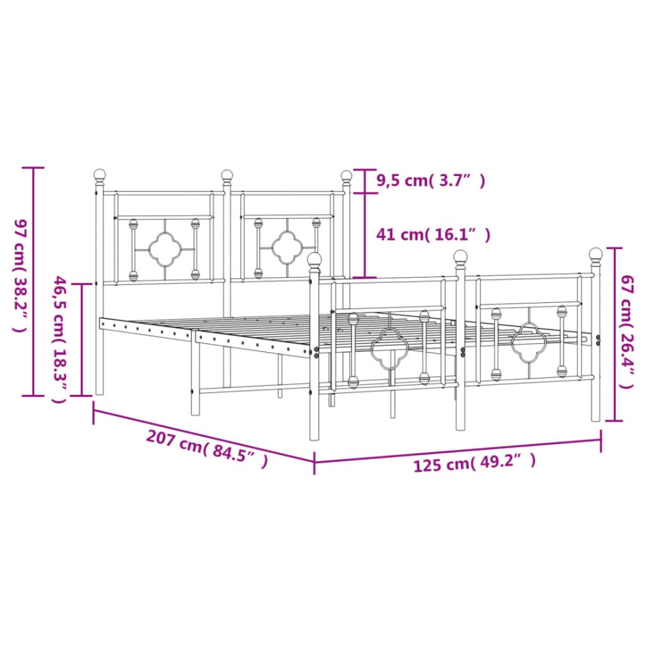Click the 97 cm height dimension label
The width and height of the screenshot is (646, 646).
pos(18,276)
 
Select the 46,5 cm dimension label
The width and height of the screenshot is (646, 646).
pos(61,339)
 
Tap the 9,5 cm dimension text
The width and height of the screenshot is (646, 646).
pos(430,181)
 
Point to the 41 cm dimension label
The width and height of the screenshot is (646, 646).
pos(433,235)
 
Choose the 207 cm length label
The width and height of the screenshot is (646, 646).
pos(206,450)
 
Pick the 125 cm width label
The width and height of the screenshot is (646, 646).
pos(474,464)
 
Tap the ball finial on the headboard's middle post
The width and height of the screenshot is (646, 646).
pos(226,176)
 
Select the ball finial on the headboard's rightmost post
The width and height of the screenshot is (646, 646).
pos(347,176)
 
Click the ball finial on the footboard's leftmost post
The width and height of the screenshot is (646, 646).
pos(314,259)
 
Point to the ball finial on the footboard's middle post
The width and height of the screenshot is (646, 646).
pos(461,257)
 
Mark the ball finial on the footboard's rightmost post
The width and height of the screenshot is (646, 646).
pos(595,254)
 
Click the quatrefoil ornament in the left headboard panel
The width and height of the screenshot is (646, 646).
pos(164,249)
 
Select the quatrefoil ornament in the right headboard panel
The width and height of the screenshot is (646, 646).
pos(287,248)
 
